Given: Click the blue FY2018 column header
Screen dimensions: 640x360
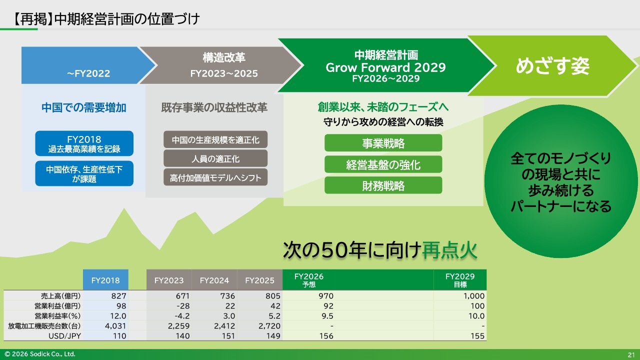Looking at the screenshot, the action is (105, 279).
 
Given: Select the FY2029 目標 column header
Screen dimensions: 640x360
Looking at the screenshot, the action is (460, 280).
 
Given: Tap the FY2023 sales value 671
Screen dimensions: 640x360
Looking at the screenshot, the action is (182, 295).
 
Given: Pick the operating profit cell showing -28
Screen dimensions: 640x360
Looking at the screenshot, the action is (183, 305).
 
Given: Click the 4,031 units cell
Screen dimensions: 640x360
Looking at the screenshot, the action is (115, 325).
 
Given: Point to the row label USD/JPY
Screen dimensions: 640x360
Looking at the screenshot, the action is (64, 335).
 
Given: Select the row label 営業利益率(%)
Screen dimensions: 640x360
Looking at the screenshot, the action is (57, 315).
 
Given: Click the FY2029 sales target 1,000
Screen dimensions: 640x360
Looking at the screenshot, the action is (473, 295).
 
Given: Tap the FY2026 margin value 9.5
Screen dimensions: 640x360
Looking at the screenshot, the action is (327, 315).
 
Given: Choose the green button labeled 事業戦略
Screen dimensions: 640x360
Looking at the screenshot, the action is (383, 143).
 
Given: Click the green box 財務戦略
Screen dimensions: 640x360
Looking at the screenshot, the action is (383, 185).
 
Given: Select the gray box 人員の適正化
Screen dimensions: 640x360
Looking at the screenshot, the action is (215, 158).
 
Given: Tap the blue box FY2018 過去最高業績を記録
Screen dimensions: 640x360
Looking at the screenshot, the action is (84, 143).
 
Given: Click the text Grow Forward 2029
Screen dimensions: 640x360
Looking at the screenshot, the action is (385, 67).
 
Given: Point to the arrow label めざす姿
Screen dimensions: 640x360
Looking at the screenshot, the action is (552, 66).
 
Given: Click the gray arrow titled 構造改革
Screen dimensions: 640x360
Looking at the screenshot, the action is (220, 65).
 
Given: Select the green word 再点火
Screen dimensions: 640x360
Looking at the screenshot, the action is (449, 250).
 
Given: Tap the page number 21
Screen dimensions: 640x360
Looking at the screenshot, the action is (631, 355).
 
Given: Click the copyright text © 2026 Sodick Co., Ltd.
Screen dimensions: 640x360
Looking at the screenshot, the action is (40, 354).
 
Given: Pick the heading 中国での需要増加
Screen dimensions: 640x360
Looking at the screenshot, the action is (83, 107).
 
